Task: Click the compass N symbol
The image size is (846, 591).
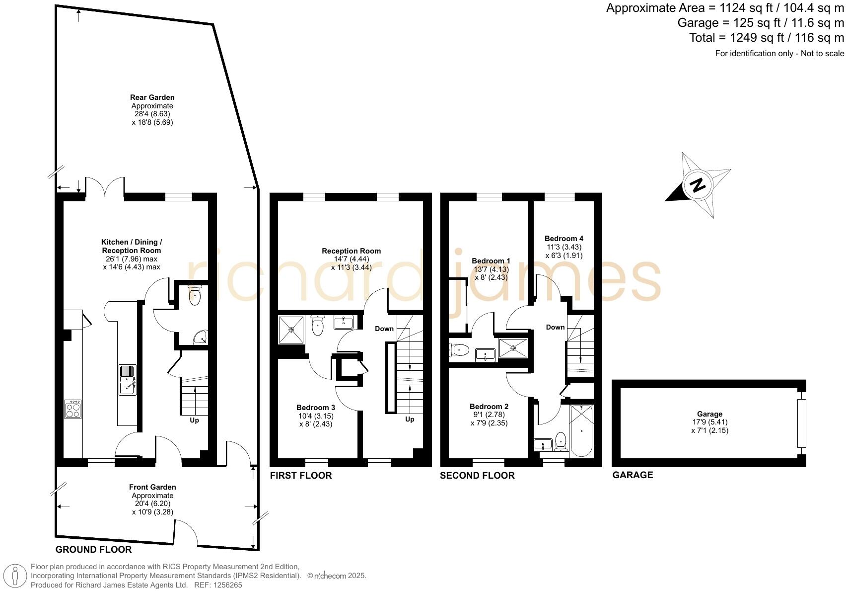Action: [698, 185]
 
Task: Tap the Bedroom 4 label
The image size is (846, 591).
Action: [564, 239]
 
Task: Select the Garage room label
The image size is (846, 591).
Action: [709, 414]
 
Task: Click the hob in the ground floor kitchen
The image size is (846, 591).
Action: [73, 409]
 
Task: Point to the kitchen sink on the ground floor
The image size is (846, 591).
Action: [128, 380]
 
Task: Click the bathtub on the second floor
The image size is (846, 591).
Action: [581, 430]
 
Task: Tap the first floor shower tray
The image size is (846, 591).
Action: [291, 329]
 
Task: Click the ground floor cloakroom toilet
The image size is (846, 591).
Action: [195, 296]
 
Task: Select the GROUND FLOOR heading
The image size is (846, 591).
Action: [93, 549]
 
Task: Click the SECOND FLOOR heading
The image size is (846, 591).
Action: [477, 475]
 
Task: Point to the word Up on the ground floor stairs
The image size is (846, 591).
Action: [194, 421]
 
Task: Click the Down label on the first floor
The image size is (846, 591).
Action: [384, 329]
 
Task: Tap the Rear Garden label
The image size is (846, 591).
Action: [152, 97]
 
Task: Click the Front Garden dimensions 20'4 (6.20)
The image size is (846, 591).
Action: [152, 504]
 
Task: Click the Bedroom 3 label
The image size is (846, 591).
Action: [316, 408]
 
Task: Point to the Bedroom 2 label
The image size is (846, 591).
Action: [489, 407]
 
